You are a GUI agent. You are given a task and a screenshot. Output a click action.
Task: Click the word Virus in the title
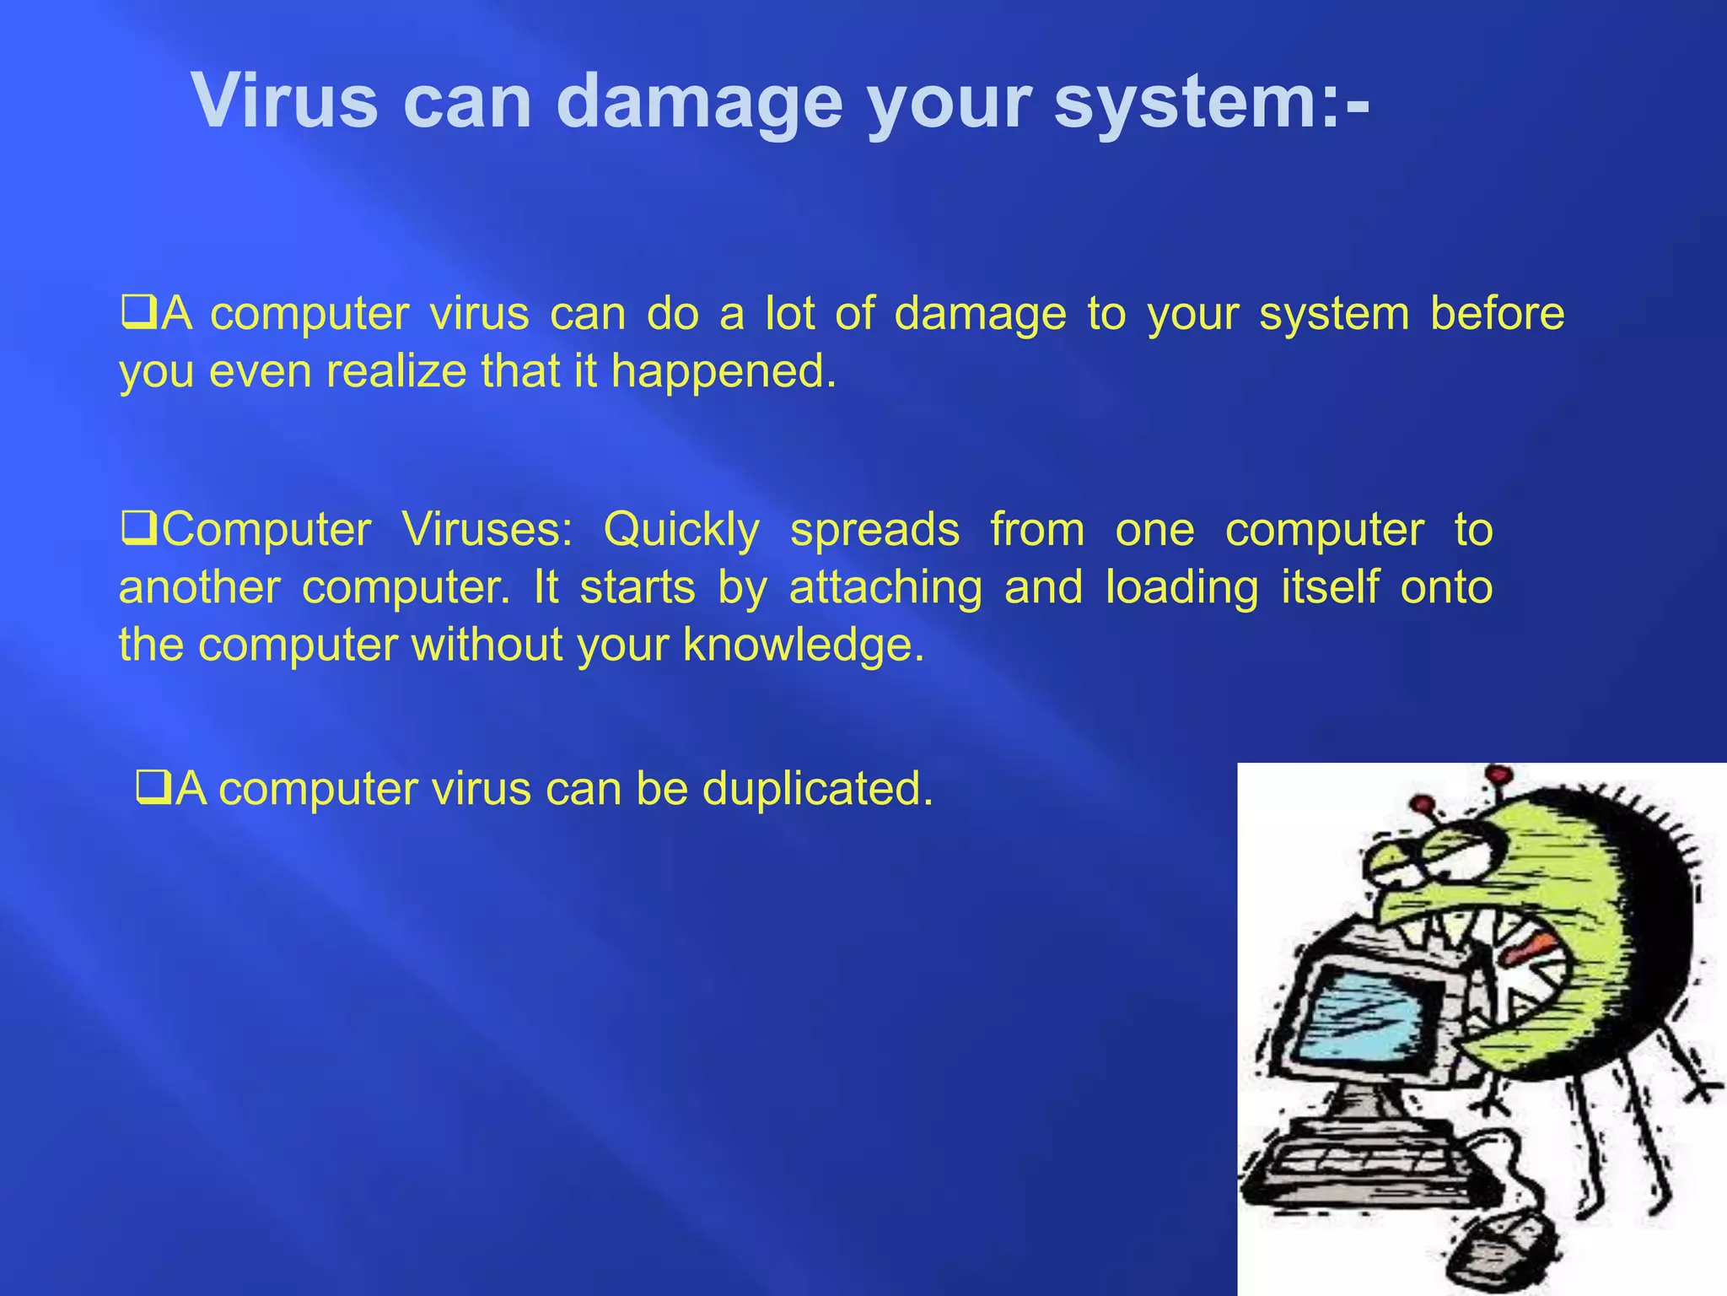[284, 101]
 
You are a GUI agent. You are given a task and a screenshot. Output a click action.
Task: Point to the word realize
[396, 371]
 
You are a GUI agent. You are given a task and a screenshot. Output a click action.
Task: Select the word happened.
[724, 371]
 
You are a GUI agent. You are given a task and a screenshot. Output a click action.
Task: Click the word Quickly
[681, 531]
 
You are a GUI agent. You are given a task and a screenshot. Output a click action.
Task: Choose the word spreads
[874, 531]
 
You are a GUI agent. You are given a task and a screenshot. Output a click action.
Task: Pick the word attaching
[885, 588]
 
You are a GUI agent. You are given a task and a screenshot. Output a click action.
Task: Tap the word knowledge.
[804, 645]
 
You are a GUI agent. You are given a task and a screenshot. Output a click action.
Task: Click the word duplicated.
[817, 788]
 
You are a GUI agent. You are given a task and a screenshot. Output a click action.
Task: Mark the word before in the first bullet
[1497, 314]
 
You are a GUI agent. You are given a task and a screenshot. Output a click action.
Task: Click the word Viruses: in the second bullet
[487, 530]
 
